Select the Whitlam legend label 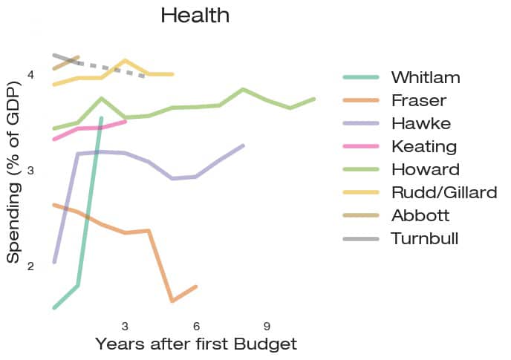(x=426, y=78)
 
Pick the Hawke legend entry (x=420, y=123)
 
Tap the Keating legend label (x=424, y=146)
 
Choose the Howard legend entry (x=425, y=169)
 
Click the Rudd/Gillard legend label (x=444, y=193)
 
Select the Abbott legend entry (x=421, y=216)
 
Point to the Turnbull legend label (x=425, y=239)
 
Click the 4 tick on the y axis (x=30, y=75)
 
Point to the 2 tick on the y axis (x=30, y=266)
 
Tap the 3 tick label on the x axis (x=125, y=326)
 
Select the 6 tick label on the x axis (x=196, y=326)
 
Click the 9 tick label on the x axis (x=267, y=326)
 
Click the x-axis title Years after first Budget (x=196, y=344)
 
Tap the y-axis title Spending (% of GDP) (x=13, y=169)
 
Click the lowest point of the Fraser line (x=172, y=301)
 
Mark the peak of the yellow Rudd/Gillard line (x=125, y=60)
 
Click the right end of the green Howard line (x=314, y=99)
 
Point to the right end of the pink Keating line (x=125, y=121)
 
